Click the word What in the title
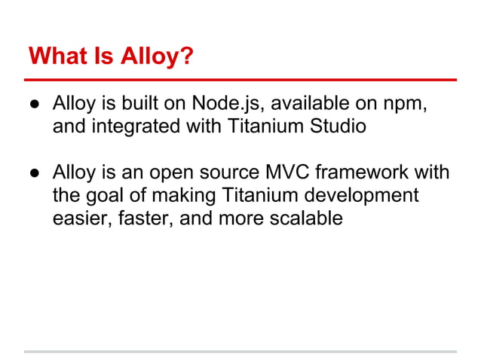tap(55, 56)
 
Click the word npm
tap(408, 104)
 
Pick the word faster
tap(149, 219)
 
